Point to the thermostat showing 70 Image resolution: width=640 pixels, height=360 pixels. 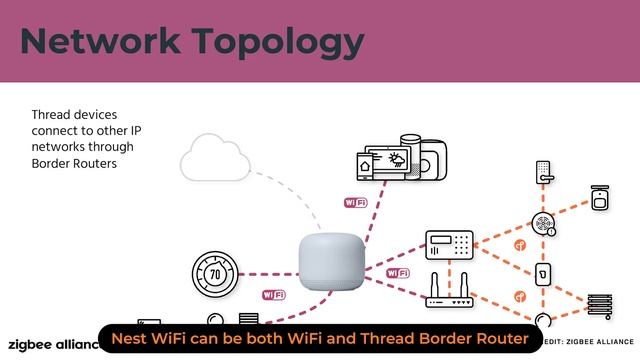click(214, 273)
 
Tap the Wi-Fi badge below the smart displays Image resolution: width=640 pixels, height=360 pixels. click(355, 202)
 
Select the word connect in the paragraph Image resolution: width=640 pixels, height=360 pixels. click(55, 130)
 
